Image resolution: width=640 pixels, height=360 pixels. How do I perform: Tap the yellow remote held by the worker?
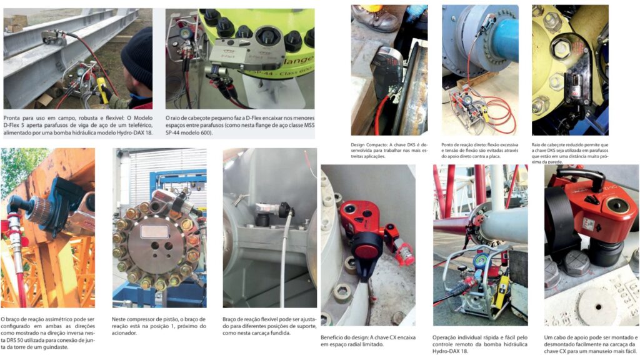click(x=102, y=90)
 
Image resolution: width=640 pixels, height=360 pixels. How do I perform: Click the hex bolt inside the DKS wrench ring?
click(x=562, y=49)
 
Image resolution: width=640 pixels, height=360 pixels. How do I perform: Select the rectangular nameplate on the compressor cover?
click(x=154, y=232)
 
